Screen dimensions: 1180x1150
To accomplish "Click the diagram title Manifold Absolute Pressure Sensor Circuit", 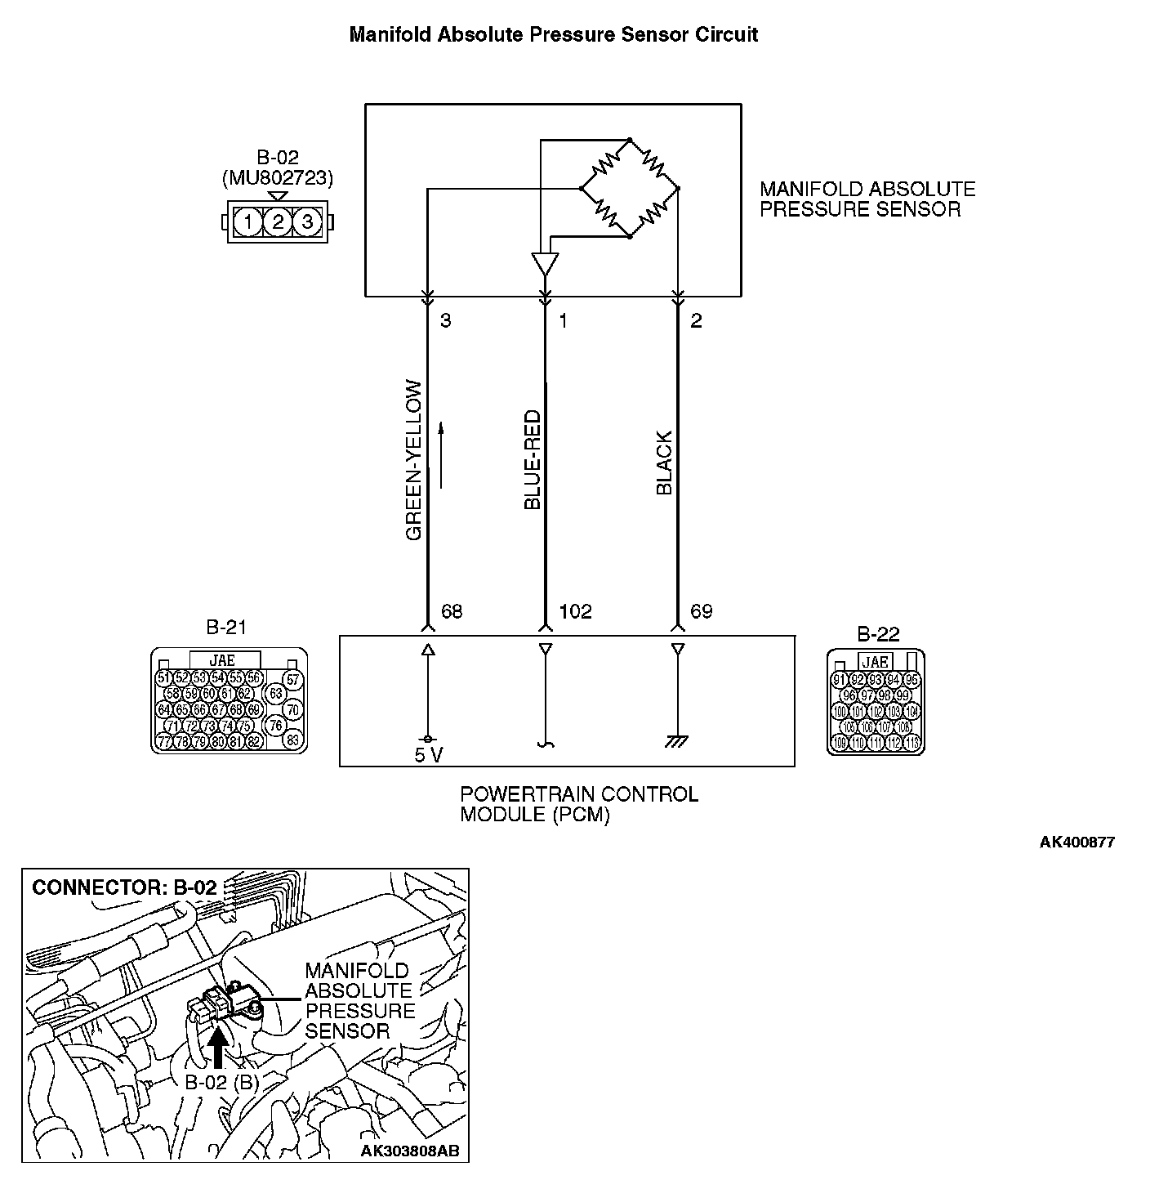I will [553, 35].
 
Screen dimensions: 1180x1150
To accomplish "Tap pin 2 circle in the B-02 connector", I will [278, 221].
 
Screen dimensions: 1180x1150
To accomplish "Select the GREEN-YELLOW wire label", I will [414, 460].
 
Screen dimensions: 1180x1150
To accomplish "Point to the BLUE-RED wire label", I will [533, 460].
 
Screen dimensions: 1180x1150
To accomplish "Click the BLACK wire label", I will [664, 463].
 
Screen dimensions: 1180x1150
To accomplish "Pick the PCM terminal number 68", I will [452, 611].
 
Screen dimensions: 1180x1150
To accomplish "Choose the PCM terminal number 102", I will [575, 611].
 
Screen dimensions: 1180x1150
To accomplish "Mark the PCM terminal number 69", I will [701, 611].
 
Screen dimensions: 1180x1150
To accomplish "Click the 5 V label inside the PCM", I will [428, 755].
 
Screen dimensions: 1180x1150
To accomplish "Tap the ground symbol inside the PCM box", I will [676, 741].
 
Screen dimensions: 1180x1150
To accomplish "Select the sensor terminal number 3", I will [446, 321].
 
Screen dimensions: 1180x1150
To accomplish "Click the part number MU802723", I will [278, 177].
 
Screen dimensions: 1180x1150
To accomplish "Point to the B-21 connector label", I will [226, 628].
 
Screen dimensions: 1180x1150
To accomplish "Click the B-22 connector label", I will [878, 634].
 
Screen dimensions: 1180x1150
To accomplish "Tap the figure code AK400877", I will [1076, 843].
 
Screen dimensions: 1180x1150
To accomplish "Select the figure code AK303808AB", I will [410, 1151].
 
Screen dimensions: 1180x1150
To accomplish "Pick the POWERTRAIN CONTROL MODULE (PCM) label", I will [579, 804].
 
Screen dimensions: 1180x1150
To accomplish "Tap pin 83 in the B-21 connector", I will [292, 740].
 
